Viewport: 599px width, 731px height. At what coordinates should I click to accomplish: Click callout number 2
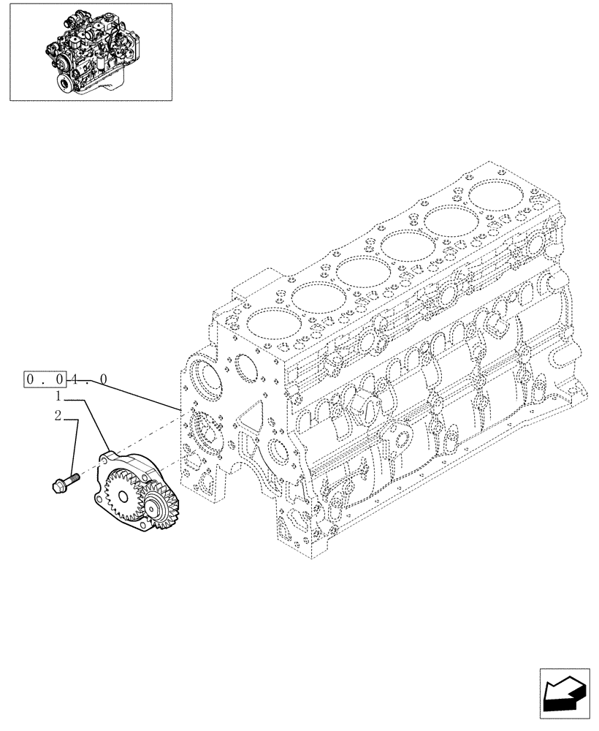56,417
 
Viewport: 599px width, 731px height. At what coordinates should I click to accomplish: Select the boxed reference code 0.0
45,379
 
